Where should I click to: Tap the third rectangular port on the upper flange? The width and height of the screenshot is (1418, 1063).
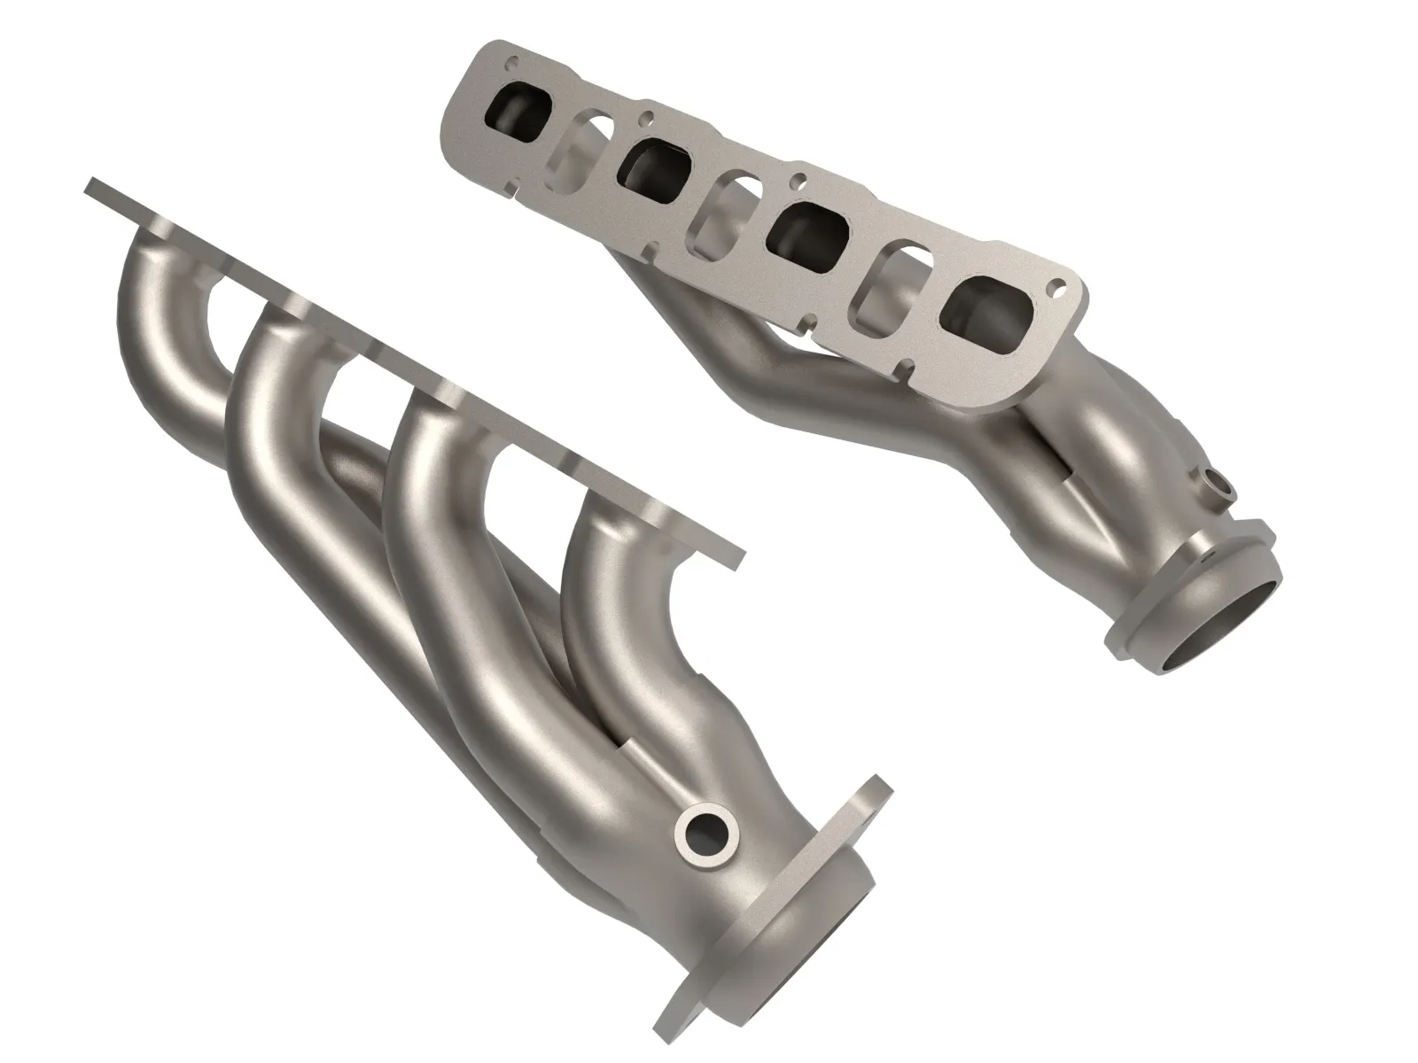click(799, 230)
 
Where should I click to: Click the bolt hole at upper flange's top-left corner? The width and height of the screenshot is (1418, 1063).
click(510, 64)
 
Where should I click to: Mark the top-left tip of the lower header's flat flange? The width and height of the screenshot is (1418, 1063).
click(91, 186)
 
